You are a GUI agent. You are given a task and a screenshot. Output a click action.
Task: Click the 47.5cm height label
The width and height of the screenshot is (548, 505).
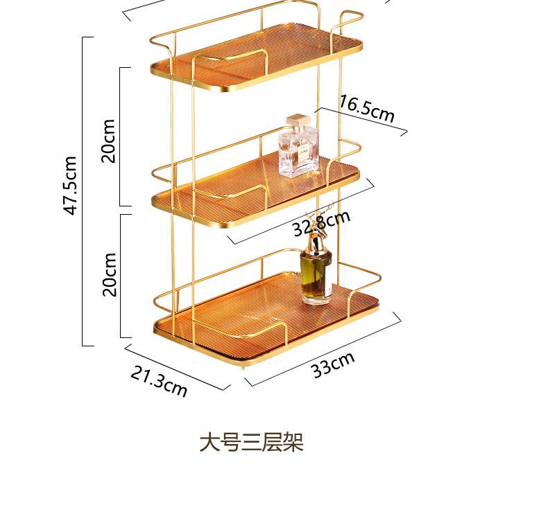point(71,185)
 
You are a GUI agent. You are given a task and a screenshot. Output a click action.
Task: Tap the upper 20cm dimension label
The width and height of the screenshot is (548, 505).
point(108,140)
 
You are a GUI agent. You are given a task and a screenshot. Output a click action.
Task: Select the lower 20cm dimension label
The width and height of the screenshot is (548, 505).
point(109,274)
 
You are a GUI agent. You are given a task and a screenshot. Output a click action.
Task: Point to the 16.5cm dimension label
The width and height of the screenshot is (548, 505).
point(366,109)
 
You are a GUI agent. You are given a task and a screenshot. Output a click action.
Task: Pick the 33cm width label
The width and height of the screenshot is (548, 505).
point(333,364)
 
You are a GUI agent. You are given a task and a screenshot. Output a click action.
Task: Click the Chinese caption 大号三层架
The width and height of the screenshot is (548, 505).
point(251,442)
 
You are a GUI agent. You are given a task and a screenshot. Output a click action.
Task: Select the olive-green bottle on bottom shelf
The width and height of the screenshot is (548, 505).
point(316,275)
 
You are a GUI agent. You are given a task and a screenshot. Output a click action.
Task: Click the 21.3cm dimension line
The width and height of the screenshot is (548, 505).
point(177,367)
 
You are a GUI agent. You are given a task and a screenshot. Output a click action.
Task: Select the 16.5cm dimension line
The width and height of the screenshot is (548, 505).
point(361,121)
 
